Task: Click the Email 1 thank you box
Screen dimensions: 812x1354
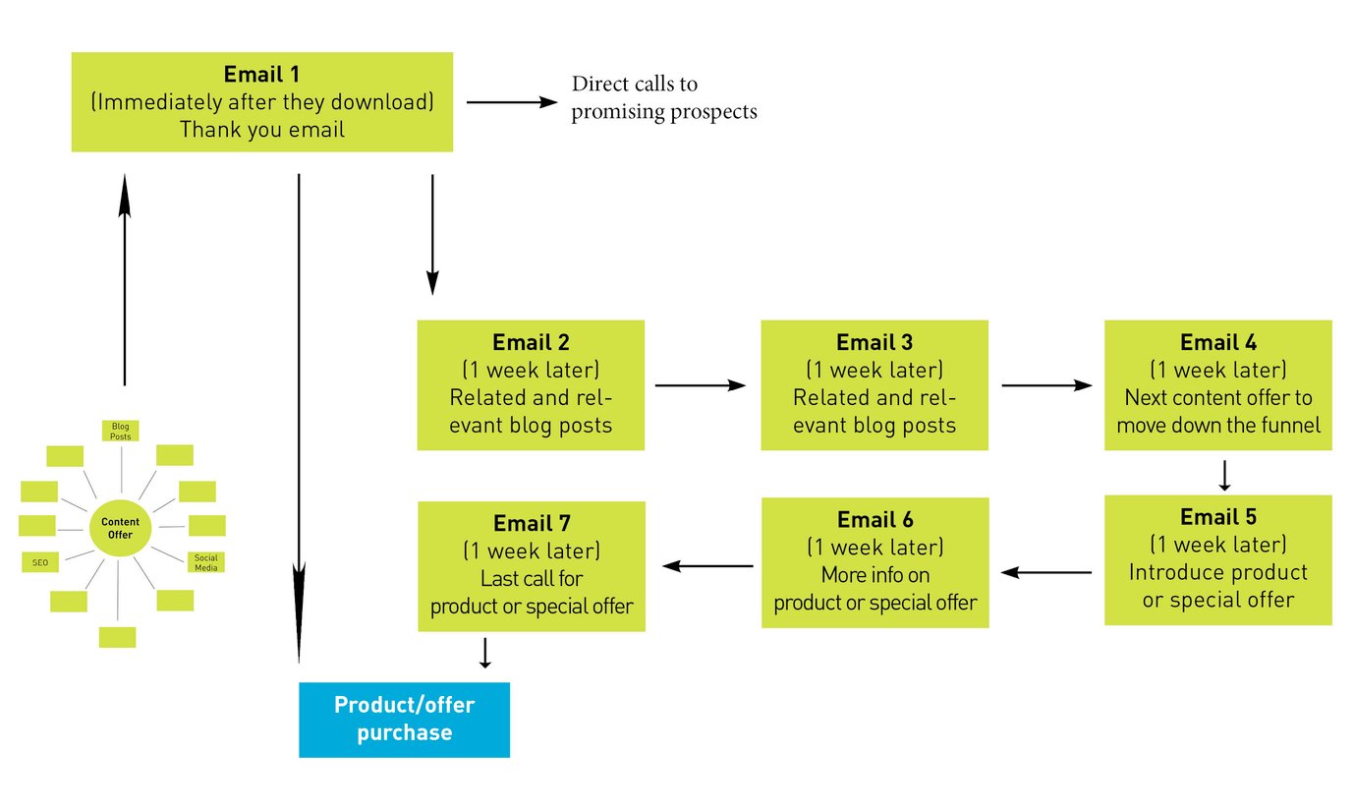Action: pyautogui.click(x=261, y=102)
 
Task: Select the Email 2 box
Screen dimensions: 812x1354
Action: pyautogui.click(x=531, y=384)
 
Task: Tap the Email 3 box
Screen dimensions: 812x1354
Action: pyautogui.click(x=874, y=384)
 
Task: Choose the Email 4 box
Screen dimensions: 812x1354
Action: pyautogui.click(x=1217, y=384)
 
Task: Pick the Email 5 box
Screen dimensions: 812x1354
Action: pyautogui.click(x=1217, y=559)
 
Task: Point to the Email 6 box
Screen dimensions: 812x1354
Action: pyautogui.click(x=874, y=561)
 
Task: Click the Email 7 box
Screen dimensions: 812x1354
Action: pyautogui.click(x=532, y=565)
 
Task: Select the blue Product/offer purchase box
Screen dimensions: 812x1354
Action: pyautogui.click(x=404, y=720)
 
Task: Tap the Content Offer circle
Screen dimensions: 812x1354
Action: pyautogui.click(x=120, y=529)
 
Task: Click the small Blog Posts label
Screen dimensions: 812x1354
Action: pyautogui.click(x=120, y=431)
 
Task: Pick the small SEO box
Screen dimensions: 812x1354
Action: pyautogui.click(x=39, y=562)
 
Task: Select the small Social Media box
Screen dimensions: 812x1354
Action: pyautogui.click(x=206, y=562)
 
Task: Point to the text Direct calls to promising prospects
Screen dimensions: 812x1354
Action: pyautogui.click(x=664, y=98)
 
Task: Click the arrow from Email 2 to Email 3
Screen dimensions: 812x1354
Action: pyautogui.click(x=701, y=386)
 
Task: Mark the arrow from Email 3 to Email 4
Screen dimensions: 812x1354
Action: pyautogui.click(x=1046, y=386)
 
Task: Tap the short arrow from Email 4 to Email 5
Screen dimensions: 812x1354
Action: pyautogui.click(x=1223, y=475)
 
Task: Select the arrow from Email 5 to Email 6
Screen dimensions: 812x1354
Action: pyautogui.click(x=1046, y=572)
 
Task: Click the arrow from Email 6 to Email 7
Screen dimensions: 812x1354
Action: pyautogui.click(x=708, y=566)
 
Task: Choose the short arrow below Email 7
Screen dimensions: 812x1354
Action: pyautogui.click(x=484, y=654)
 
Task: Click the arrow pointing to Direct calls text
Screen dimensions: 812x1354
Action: pyautogui.click(x=512, y=101)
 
